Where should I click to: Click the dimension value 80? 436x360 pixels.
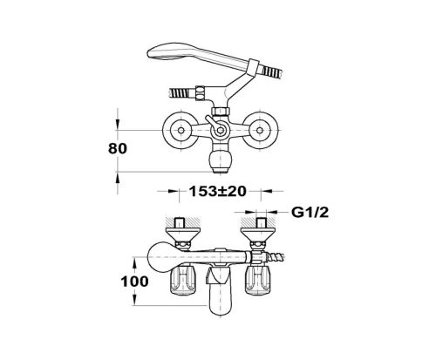point(118,148)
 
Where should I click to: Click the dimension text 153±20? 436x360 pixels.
point(218,191)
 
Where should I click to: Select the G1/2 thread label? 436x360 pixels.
point(310,213)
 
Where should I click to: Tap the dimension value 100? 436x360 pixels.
point(134,282)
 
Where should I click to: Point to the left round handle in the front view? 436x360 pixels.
point(181,130)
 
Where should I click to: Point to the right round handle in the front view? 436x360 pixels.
point(259,130)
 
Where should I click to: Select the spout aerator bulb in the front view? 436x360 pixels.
point(221,160)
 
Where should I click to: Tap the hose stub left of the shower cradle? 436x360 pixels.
point(181,93)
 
